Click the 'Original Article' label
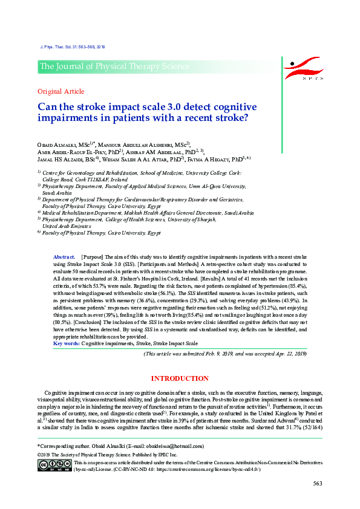click(x=61, y=91)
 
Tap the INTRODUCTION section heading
click(x=180, y=378)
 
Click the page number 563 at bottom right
click(x=317, y=483)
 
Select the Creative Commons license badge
click(x=54, y=464)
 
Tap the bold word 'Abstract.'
click(x=65, y=257)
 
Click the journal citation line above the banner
click(x=71, y=47)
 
